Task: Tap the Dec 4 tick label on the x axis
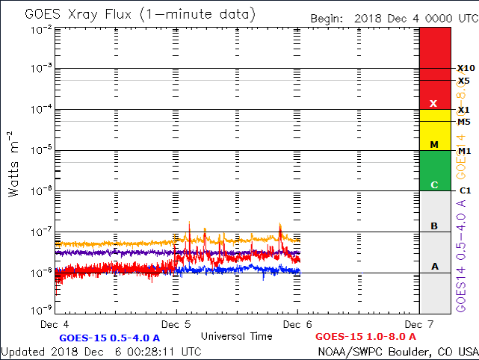55,324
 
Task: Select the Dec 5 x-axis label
176,324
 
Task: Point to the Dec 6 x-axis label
297,324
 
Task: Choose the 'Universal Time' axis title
236,335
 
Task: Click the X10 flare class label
465,69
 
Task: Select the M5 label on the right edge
464,121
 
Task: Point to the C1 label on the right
464,190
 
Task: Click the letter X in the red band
433,103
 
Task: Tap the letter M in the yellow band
433,144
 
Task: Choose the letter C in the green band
433,184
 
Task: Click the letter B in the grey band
433,226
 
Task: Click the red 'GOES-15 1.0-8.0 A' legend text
365,337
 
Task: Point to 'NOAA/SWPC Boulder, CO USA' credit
398,351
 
